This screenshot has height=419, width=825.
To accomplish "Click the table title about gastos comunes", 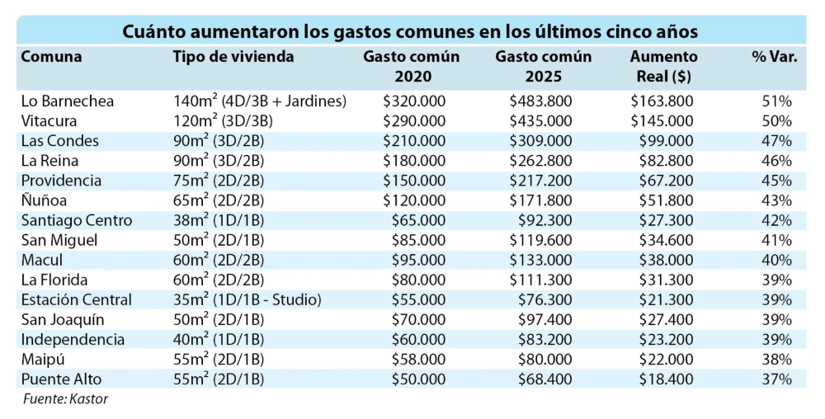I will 411,31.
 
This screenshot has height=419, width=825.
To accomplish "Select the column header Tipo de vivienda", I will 233,57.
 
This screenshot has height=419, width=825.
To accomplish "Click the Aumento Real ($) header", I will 663,66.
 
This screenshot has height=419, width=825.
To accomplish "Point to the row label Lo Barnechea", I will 67,101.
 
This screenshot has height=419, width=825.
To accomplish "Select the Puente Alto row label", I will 60,379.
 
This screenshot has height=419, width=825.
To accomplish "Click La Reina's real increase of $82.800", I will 666,161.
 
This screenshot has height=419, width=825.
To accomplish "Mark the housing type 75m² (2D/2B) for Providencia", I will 219,181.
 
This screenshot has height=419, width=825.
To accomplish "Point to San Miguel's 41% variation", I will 777,240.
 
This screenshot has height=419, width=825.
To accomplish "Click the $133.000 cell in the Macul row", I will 544,260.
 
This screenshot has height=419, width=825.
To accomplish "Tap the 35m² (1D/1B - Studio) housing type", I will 247,299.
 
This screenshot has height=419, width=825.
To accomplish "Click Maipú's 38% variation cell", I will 777,359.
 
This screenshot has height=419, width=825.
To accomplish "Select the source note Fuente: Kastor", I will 65,399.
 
